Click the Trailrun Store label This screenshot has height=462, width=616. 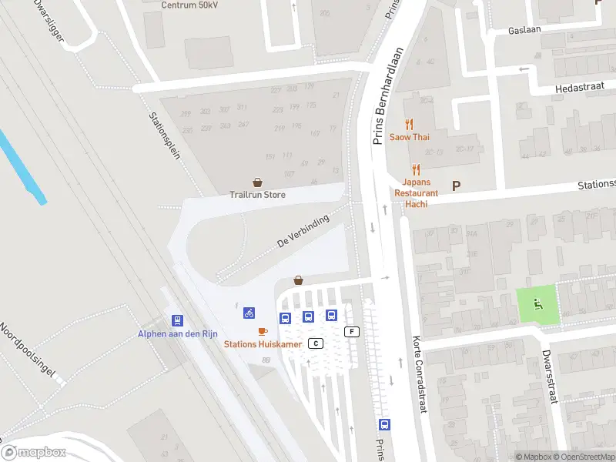click(x=257, y=195)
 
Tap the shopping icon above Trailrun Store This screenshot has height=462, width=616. click(x=257, y=182)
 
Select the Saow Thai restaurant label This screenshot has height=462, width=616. click(x=409, y=137)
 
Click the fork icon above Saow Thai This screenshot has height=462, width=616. click(x=409, y=123)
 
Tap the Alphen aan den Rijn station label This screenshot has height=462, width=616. click(x=176, y=333)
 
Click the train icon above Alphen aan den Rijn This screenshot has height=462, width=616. click(x=177, y=320)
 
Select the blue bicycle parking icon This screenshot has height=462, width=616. click(x=249, y=313)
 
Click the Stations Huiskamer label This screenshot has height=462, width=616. click(x=263, y=344)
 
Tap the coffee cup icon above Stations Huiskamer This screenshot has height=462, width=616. click(x=263, y=331)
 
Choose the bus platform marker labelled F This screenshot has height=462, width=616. click(x=353, y=331)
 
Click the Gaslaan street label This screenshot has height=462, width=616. click(x=524, y=31)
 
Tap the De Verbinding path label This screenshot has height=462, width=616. click(x=303, y=231)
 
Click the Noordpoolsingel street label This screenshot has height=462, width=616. click(x=28, y=350)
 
